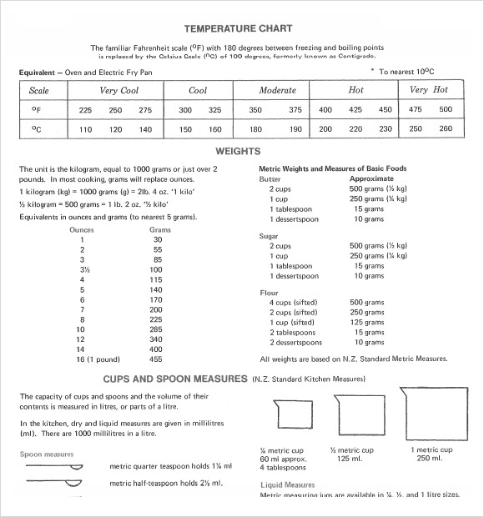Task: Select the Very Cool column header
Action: click(x=119, y=90)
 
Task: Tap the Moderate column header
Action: click(x=277, y=90)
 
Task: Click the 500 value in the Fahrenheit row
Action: click(x=445, y=110)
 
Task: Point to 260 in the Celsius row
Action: click(x=445, y=129)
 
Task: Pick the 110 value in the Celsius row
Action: click(x=85, y=129)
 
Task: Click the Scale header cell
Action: click(x=39, y=90)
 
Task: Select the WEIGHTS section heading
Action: click(x=239, y=151)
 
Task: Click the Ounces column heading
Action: click(x=82, y=229)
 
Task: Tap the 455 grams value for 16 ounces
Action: click(x=155, y=359)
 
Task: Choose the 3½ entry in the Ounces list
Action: click(x=82, y=270)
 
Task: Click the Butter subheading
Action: click(x=270, y=179)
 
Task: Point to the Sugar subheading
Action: click(x=269, y=236)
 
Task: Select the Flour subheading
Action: click(x=269, y=293)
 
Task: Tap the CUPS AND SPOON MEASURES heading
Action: click(x=174, y=379)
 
